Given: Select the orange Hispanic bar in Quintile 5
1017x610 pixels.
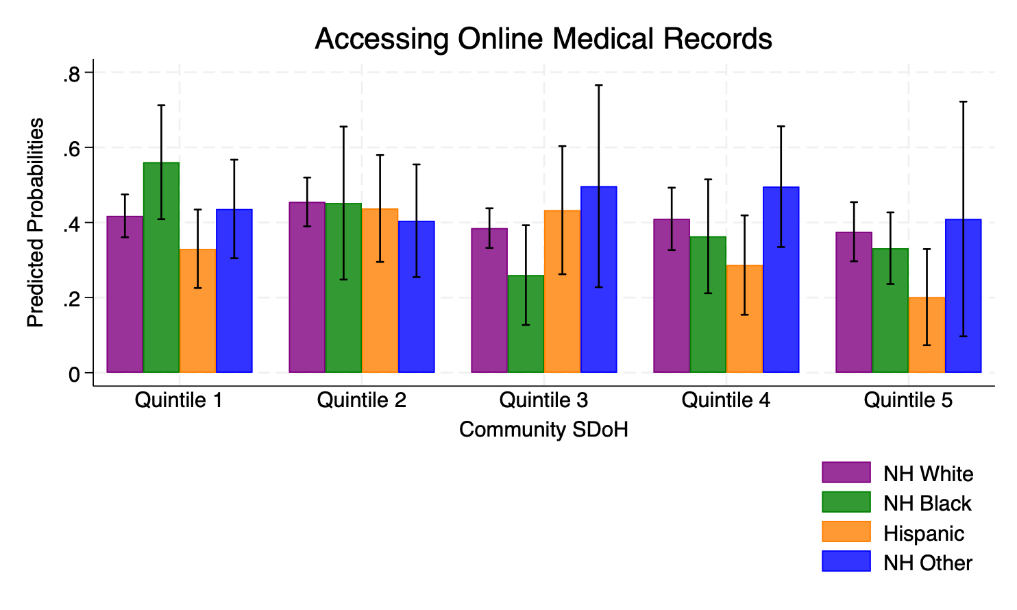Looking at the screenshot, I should [927, 335].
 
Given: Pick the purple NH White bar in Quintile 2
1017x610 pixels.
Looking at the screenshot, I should [307, 287].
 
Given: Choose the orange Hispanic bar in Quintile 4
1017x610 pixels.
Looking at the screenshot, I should [744, 319].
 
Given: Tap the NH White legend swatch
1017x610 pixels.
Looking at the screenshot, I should [846, 473].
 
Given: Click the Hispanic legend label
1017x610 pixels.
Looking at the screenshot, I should [924, 533].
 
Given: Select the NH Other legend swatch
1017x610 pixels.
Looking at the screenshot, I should [846, 561].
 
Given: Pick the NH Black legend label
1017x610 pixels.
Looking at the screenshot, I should [927, 503].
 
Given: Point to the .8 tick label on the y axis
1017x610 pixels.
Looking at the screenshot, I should [71, 73].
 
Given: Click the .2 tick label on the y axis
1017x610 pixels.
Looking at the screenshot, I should [71, 298].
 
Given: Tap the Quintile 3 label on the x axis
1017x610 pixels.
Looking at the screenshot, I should [543, 400].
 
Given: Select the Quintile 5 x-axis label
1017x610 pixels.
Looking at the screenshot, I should [908, 400].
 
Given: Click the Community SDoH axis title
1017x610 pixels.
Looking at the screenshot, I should [543, 430].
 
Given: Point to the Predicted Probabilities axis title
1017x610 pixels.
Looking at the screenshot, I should [36, 223].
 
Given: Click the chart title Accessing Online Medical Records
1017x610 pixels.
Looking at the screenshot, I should [543, 39].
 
